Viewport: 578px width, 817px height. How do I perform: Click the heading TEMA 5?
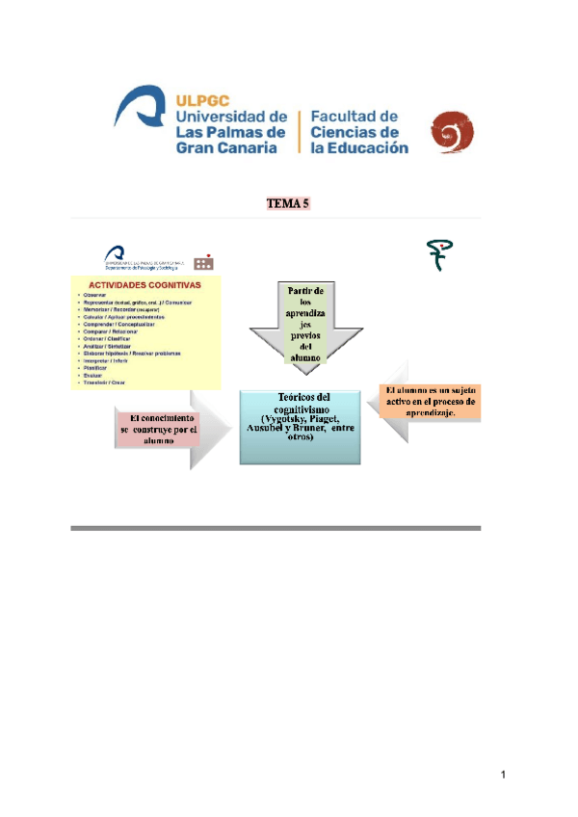[287, 204]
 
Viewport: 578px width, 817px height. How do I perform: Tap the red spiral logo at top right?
[450, 132]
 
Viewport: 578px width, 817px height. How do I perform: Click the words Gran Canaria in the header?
[227, 148]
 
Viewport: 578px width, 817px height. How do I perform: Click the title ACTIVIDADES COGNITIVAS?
[144, 286]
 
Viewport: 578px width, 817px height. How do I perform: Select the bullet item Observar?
[94, 295]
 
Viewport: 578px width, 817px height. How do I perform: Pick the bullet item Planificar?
[95, 368]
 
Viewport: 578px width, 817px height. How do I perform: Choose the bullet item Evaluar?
[93, 376]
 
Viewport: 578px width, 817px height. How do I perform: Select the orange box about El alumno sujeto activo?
[430, 401]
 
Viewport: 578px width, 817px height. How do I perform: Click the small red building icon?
[203, 261]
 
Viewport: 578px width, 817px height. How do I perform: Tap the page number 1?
[503, 776]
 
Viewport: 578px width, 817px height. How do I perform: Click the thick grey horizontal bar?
[276, 528]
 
